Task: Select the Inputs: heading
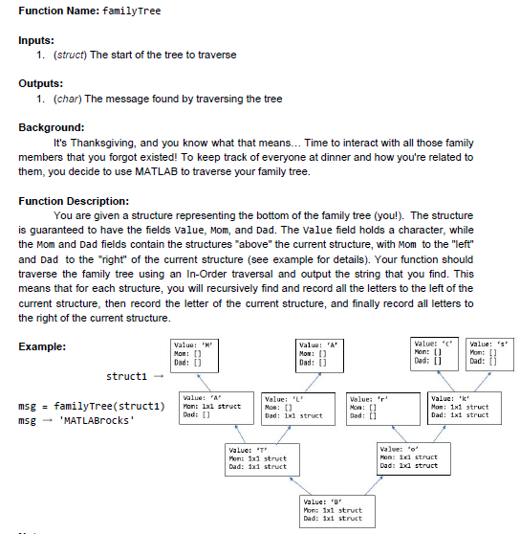point(38,40)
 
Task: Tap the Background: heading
point(52,126)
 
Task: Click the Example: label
point(43,346)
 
